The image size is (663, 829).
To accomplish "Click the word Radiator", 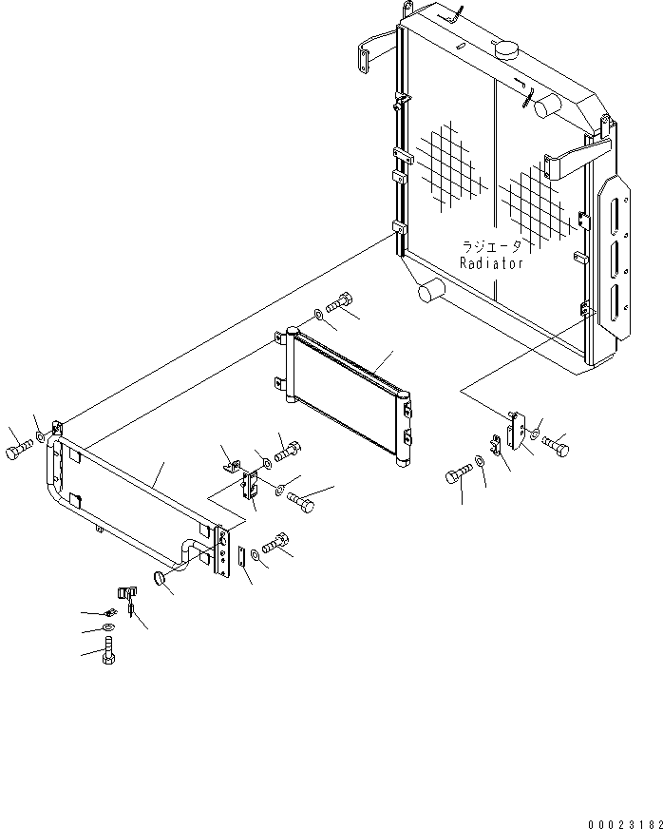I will pos(491,264).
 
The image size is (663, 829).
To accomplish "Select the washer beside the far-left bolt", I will pos(39,438).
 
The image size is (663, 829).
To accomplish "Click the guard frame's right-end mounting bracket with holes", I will pos(223,551).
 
